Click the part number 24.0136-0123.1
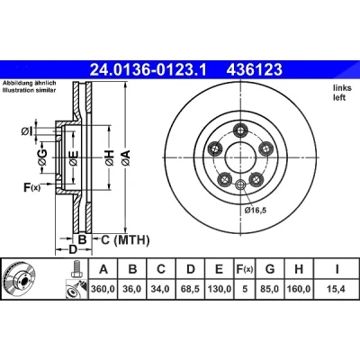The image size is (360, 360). click(x=148, y=70)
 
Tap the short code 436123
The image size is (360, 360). click(x=254, y=70)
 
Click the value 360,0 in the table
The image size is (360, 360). click(x=103, y=289)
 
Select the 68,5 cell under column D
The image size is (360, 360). click(x=190, y=289)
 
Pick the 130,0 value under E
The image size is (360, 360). click(x=220, y=289)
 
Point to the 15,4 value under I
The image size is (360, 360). click(x=337, y=289)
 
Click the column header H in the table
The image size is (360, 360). click(x=299, y=269)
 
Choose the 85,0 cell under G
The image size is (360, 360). click(x=270, y=289)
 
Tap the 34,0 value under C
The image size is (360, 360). click(x=161, y=289)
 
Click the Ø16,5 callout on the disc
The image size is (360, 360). click(x=256, y=211)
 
